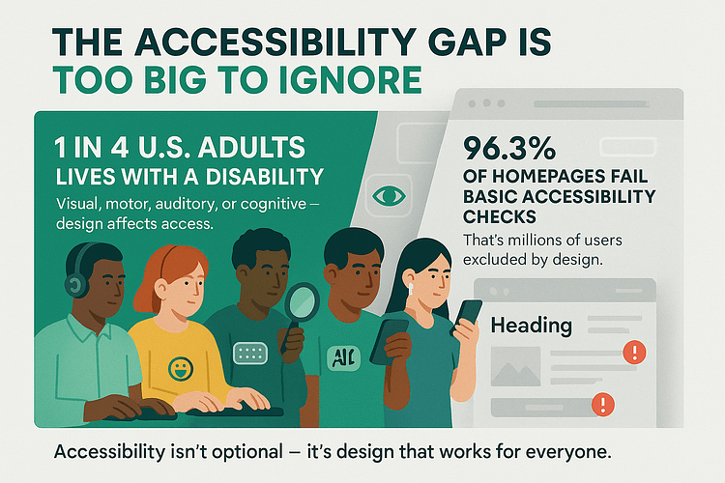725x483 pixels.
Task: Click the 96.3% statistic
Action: point(509,148)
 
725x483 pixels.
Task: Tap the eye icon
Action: point(389,196)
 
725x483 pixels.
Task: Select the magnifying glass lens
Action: point(302,301)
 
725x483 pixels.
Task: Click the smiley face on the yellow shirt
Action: point(181,369)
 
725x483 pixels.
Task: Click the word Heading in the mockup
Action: point(532,326)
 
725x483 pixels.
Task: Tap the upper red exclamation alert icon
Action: point(634,353)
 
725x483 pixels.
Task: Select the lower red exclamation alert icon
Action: point(603,405)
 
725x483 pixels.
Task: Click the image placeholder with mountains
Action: point(515,366)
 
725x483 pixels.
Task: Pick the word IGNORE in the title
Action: point(351,80)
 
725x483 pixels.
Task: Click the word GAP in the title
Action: point(468,43)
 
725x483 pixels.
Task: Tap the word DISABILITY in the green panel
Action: point(265,177)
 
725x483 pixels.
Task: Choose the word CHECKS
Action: point(500,216)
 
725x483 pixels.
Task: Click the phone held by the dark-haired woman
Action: point(467,316)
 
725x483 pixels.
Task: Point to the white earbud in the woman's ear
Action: point(411,289)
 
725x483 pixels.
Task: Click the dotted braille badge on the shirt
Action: point(250,354)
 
